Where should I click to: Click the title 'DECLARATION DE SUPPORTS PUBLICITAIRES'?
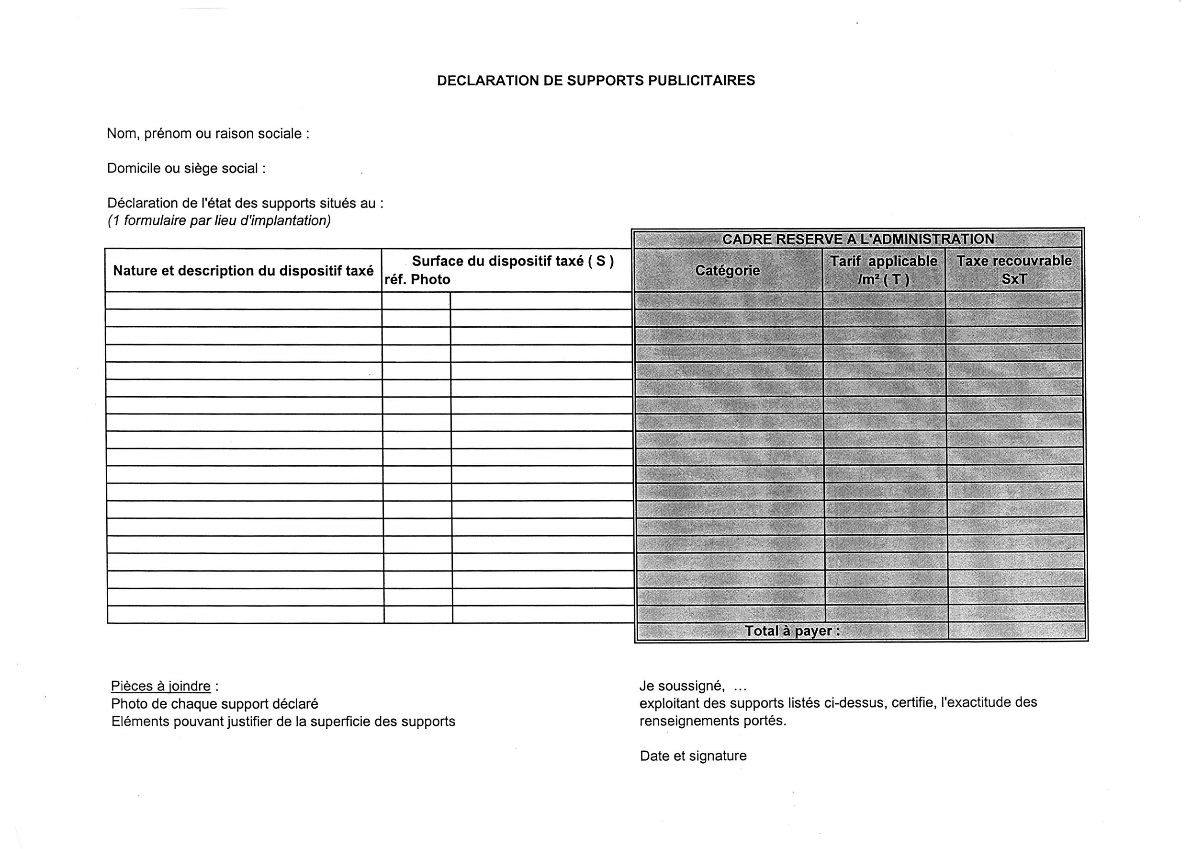pyautogui.click(x=596, y=80)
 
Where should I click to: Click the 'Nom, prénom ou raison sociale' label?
pyautogui.click(x=207, y=134)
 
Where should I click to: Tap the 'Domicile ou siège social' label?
pyautogui.click(x=185, y=168)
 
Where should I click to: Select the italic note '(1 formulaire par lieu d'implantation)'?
pyautogui.click(x=219, y=220)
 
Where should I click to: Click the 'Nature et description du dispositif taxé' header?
pyautogui.click(x=243, y=271)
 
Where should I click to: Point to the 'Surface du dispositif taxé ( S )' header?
pyautogui.click(x=512, y=261)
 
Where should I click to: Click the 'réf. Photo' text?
pyautogui.click(x=417, y=280)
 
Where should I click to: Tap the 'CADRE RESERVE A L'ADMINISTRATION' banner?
pyautogui.click(x=858, y=240)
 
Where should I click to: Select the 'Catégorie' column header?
pyautogui.click(x=727, y=271)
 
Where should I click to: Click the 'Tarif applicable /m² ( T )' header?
pyautogui.click(x=883, y=270)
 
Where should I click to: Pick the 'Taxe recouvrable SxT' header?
pyautogui.click(x=1013, y=270)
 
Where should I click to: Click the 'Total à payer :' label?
pyautogui.click(x=792, y=631)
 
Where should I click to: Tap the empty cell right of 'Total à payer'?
pyautogui.click(x=1015, y=631)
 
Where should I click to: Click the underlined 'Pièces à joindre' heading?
pyautogui.click(x=161, y=687)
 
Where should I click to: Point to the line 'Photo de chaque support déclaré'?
pyautogui.click(x=214, y=704)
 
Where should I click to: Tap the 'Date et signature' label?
pyautogui.click(x=693, y=756)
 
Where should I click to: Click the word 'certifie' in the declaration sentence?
pyautogui.click(x=912, y=702)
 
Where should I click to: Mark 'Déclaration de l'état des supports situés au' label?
pyautogui.click(x=245, y=203)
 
